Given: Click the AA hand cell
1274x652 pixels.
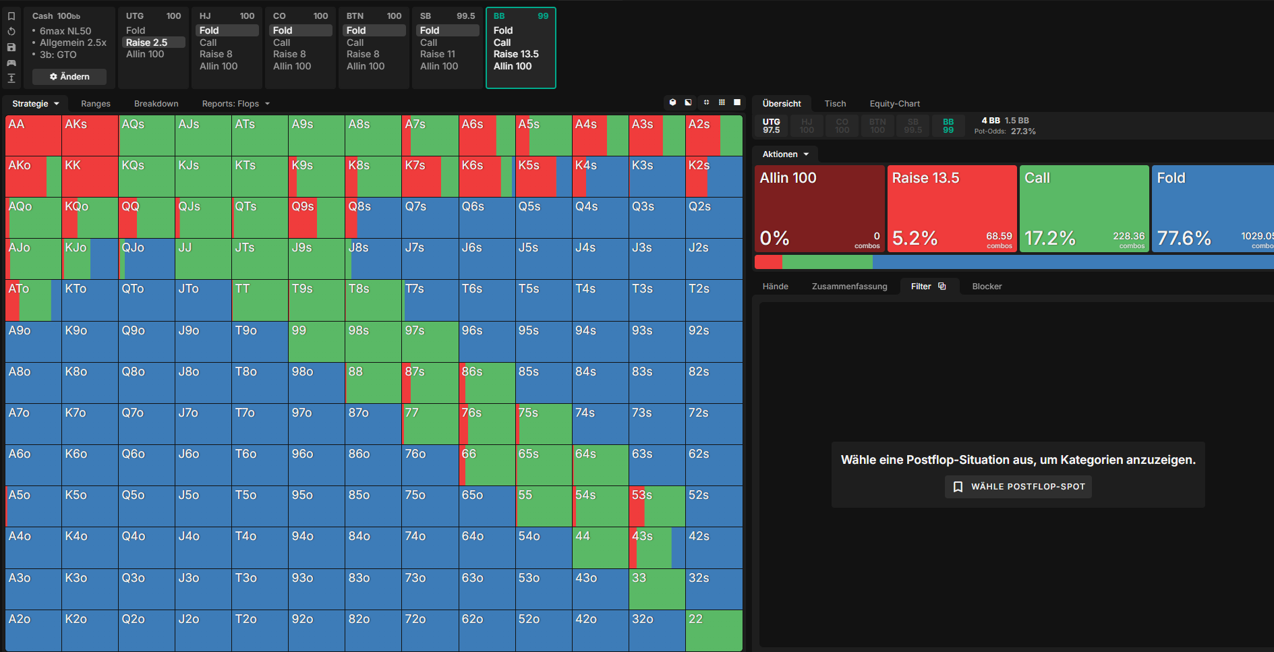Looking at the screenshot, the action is [33, 136].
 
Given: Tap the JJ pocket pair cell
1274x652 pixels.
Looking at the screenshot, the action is [203, 259].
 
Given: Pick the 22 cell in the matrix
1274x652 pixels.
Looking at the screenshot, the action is [714, 630].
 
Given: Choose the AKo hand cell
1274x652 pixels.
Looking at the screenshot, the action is [33, 177].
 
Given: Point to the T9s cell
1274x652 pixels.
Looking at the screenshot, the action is [316, 300].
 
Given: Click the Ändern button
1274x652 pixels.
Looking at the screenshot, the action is [69, 77].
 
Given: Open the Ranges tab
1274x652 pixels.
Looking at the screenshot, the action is [96, 104].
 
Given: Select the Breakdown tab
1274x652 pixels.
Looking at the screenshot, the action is [156, 104].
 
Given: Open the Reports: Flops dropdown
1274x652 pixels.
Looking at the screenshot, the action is [236, 104].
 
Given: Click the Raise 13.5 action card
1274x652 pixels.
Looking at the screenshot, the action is [952, 209].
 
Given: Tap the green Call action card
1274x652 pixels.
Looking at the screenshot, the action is [1084, 209].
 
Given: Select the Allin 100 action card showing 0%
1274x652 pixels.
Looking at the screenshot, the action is [819, 209].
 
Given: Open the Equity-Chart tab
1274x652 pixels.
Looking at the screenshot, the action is [894, 104].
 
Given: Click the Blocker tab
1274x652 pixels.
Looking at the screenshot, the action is [987, 287].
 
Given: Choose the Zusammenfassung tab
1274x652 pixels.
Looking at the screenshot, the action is [849, 287].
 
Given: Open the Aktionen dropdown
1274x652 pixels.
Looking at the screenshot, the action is [786, 154].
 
